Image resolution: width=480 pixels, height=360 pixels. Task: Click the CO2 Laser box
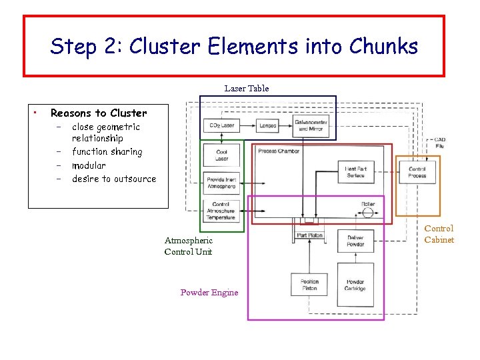pos(221,125)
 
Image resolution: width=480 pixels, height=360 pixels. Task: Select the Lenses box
pos(267,125)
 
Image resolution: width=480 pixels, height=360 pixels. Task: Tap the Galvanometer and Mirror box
pos(311,125)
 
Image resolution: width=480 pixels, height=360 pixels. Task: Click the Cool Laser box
pos(221,155)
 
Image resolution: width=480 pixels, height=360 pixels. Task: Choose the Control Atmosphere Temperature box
pos(221,210)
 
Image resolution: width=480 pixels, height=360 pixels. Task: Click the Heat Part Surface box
pos(355,172)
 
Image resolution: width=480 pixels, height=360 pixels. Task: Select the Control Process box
pos(417,172)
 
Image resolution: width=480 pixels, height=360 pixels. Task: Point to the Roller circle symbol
pos(367,214)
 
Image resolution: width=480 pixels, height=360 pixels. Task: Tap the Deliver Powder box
pos(355,241)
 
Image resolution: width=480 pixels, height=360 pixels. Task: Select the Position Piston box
pos(309,285)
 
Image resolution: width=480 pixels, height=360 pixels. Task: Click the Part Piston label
pos(309,235)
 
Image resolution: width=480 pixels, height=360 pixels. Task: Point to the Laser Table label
pos(247,88)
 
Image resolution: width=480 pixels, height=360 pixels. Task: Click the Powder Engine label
pos(209,293)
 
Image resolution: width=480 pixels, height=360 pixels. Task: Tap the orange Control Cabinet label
pos(439,234)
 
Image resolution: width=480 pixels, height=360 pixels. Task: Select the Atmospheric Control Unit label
pos(189,246)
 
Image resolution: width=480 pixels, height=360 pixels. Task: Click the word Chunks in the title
pos(386,47)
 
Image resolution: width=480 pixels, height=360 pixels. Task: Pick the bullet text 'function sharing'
pos(107,152)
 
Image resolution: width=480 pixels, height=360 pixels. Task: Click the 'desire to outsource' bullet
pos(114,179)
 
